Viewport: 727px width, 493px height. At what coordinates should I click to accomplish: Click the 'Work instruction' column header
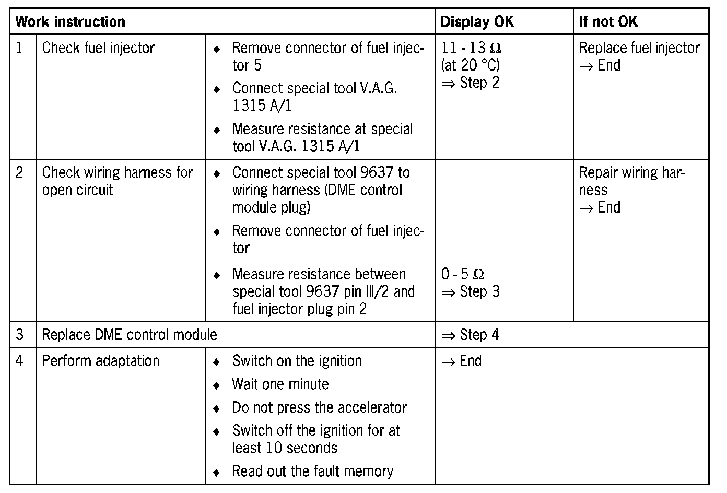pos(71,22)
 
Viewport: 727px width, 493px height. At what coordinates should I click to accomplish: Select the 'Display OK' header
pos(477,22)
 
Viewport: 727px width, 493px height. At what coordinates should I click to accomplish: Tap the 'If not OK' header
pos(608,22)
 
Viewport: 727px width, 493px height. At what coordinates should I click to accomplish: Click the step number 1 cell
pos(20,48)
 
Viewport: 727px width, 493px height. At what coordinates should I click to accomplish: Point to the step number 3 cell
pos(20,335)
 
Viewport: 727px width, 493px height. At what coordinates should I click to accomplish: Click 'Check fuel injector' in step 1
pos(98,48)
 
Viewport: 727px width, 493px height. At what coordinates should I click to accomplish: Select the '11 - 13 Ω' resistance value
pos(471,48)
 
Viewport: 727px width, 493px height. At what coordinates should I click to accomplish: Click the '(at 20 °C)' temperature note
pos(471,65)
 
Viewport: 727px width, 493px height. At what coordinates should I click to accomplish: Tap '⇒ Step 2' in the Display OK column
pos(470,83)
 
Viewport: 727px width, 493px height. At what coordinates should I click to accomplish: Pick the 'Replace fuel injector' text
pos(639,48)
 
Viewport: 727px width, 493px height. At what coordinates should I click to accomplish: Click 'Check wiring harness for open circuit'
pos(117,181)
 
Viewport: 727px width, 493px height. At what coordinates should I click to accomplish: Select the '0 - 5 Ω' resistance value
pos(463,274)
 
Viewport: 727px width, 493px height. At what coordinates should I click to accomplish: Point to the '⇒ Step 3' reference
pos(470,292)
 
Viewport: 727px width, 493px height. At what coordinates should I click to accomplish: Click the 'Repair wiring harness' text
pos(631,181)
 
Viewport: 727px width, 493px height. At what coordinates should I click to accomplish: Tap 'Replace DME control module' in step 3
pos(130,335)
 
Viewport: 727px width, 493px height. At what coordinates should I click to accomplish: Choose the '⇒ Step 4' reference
pos(470,335)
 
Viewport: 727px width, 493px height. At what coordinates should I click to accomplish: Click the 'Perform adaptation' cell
pos(100,361)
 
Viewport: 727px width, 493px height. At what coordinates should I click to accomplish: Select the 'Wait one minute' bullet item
pos(280,384)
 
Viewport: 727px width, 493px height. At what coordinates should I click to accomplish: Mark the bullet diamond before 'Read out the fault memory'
pos(217,472)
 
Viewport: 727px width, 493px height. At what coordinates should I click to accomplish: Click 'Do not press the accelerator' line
pos(319,407)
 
